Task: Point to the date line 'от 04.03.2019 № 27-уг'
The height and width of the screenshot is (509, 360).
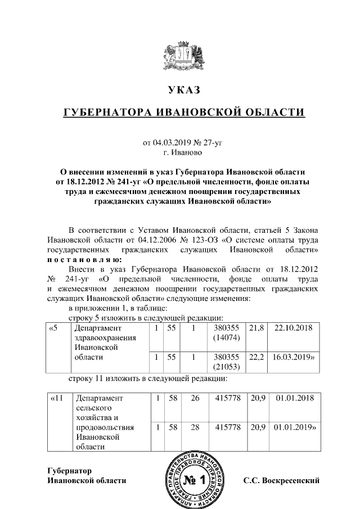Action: pyautogui.click(x=183, y=142)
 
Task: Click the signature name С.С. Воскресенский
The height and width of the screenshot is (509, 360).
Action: pyautogui.click(x=281, y=481)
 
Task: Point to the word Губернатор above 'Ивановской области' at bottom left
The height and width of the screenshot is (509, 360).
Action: pyautogui.click(x=69, y=470)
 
